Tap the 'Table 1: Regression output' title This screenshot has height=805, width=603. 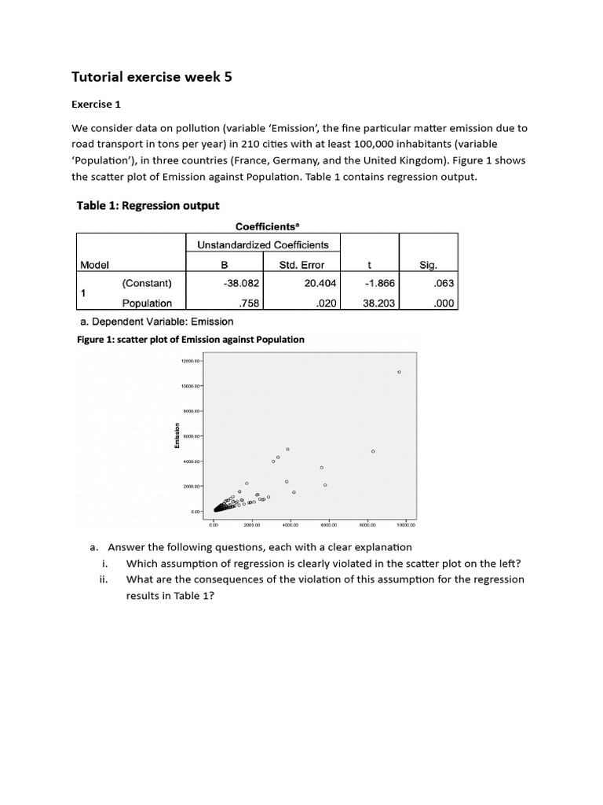pos(148,206)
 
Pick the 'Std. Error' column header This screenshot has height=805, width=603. pos(301,265)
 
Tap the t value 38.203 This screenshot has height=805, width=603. pos(379,303)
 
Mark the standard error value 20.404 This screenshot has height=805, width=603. pos(320,283)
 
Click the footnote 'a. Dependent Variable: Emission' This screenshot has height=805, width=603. pos(157,321)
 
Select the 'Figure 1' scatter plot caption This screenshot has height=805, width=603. pos(190,340)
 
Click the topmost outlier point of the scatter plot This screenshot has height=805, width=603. pos(399,372)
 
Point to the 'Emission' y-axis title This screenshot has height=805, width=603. pos(178,436)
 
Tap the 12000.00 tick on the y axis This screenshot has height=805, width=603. pos(191,361)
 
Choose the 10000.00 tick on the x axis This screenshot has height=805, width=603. pos(405,524)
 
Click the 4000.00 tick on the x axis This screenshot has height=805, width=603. pos(290,524)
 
